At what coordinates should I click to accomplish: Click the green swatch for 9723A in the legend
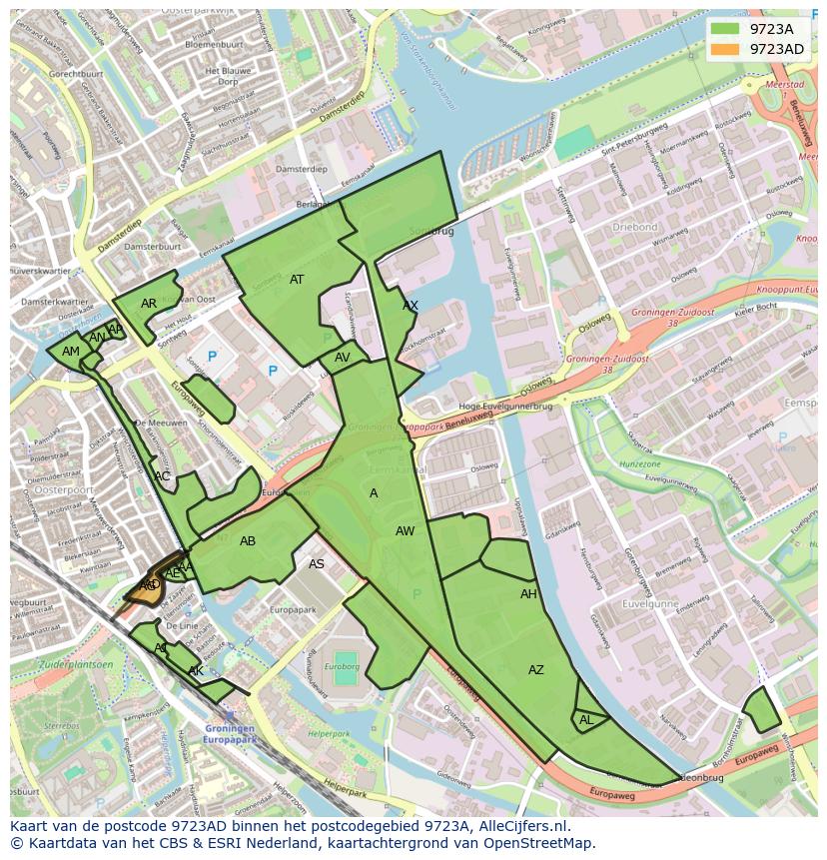(x=726, y=29)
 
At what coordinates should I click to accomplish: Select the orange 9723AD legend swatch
(x=726, y=49)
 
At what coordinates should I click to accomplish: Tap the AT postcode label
(x=297, y=280)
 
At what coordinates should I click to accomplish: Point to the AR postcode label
(x=149, y=304)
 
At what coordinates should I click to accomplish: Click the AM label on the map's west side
(x=71, y=352)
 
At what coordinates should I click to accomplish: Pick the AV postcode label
(x=343, y=358)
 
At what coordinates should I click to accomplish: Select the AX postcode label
(x=411, y=306)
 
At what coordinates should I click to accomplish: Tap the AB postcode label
(x=248, y=541)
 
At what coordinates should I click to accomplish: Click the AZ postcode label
(x=536, y=670)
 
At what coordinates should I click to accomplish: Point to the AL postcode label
(x=586, y=720)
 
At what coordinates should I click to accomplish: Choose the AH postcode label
(x=528, y=594)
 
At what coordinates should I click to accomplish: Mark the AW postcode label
(x=405, y=531)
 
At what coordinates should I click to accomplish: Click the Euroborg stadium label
(x=346, y=666)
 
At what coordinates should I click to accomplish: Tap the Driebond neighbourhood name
(x=635, y=227)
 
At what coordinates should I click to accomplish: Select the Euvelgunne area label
(x=650, y=603)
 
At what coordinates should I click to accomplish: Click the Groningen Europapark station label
(x=231, y=734)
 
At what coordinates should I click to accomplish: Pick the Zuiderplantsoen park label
(x=76, y=664)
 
